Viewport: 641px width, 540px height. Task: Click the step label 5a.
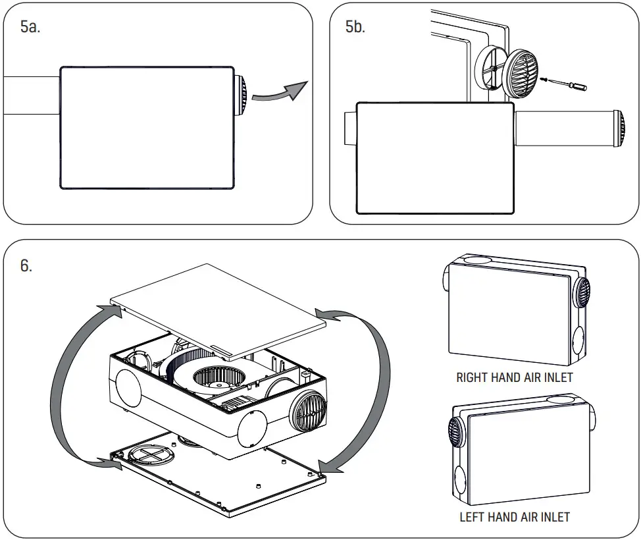pyautogui.click(x=30, y=28)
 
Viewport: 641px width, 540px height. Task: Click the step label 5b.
pyautogui.click(x=355, y=28)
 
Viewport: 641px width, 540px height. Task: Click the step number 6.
pyautogui.click(x=26, y=266)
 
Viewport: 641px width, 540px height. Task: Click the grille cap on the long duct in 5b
pyautogui.click(x=619, y=129)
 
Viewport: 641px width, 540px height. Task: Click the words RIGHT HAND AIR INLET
pyautogui.click(x=514, y=378)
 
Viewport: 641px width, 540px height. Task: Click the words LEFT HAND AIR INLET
pyautogui.click(x=514, y=517)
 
